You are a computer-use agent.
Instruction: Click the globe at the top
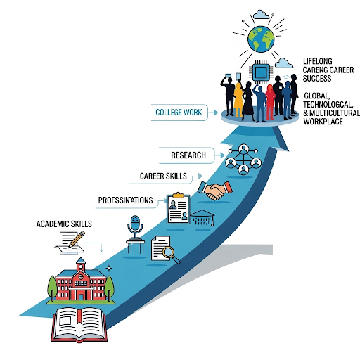[261, 39]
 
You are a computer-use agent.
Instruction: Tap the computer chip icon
[261, 72]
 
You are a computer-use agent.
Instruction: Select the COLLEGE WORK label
[179, 112]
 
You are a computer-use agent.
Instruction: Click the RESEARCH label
[188, 155]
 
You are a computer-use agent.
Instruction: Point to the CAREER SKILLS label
[163, 176]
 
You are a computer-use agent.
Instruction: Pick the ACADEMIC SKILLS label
[64, 224]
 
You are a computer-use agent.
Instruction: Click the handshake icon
[215, 191]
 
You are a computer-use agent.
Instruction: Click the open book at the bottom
[79, 326]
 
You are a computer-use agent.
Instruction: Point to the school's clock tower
[81, 265]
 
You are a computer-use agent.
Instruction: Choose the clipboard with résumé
[178, 208]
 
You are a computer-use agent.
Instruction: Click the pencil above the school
[77, 239]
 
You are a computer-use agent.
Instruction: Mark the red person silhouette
[270, 102]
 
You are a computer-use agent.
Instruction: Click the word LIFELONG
[318, 61]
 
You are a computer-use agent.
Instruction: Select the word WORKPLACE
[323, 122]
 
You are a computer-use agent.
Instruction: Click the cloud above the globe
[261, 15]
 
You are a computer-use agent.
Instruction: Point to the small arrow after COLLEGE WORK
[213, 112]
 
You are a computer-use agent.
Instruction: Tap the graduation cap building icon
[202, 218]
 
